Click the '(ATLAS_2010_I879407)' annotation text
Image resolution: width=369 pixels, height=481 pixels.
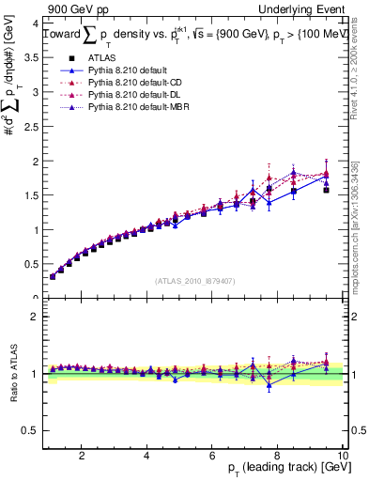coord(196,281)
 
